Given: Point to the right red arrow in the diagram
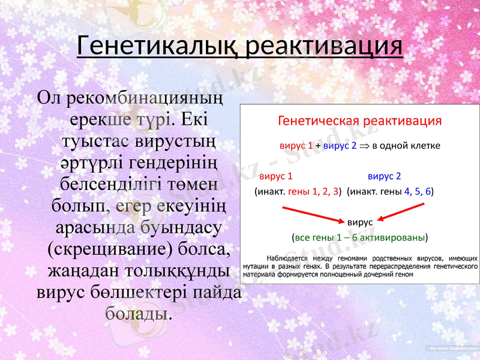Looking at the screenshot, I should click(408, 213).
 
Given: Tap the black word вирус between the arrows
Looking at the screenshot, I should click(360, 222).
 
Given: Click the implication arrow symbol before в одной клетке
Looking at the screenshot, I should click(364, 146).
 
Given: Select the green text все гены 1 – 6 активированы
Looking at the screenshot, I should click(359, 237).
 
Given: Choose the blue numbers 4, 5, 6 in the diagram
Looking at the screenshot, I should click(418, 192).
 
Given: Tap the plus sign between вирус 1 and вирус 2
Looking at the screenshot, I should click(318, 146).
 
